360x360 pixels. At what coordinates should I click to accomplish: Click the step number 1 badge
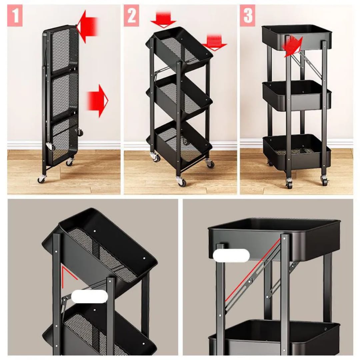tap(15, 15)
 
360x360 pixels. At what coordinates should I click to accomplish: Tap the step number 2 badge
tap(131, 15)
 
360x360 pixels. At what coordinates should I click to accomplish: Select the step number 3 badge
tap(247, 15)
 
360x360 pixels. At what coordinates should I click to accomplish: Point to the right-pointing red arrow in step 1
tap(97, 101)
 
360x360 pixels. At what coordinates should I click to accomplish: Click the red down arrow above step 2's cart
tap(163, 20)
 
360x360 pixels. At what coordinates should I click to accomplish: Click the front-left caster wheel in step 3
tap(289, 184)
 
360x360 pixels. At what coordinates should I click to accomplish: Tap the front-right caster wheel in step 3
tap(324, 180)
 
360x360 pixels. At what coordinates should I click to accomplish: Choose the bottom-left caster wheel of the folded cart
tap(41, 179)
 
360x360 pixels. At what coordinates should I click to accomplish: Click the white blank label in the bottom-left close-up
tap(90, 296)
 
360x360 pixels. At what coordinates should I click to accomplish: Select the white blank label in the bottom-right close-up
tap(231, 256)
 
